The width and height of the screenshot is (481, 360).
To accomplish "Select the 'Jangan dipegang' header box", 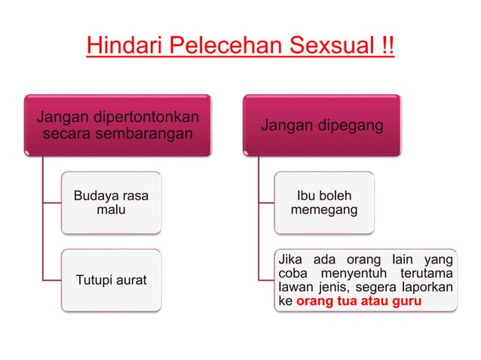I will point(321,126).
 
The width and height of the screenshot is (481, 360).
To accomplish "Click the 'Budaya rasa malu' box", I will point(111,203).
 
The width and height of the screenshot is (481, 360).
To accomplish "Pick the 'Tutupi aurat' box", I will point(111,280).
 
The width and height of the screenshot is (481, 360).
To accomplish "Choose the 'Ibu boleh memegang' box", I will point(324,203).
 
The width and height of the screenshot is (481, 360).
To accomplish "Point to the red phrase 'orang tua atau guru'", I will point(359,301).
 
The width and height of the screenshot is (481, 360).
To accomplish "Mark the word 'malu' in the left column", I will point(111,210).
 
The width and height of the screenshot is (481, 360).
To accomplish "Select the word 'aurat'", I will point(130,280).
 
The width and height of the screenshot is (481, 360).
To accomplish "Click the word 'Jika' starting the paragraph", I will point(289,258).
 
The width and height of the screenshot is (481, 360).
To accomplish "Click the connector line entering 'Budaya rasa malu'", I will point(52,203).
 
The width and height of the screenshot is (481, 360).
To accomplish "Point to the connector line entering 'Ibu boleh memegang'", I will point(265,203).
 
